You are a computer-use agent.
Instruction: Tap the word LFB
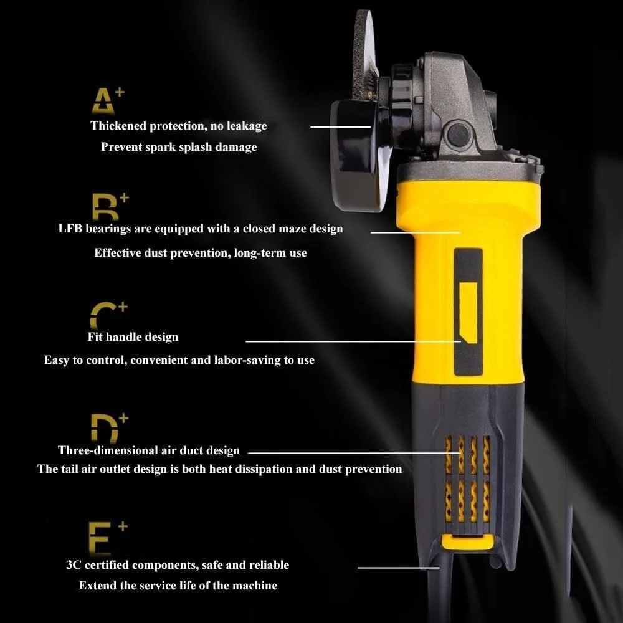point(69,229)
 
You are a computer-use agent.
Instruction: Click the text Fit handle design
point(133,337)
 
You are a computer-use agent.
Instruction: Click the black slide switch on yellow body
point(468,311)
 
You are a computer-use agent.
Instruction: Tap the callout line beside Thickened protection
point(332,126)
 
